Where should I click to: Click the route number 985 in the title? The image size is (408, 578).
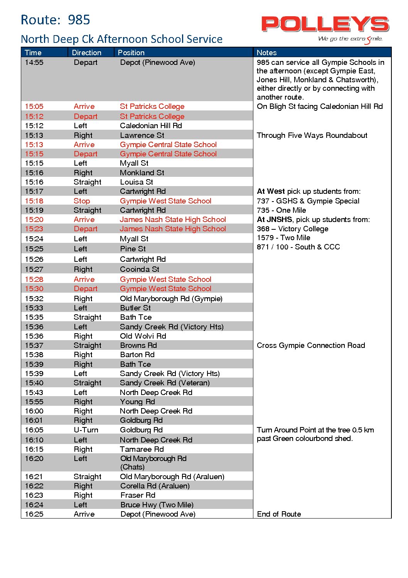tap(79, 20)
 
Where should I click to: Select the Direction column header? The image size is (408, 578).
tap(87, 53)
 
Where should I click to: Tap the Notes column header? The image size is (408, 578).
tap(267, 53)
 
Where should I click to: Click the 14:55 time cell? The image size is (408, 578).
tap(34, 63)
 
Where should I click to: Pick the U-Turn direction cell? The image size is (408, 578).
tap(86, 430)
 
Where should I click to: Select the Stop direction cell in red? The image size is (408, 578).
tap(82, 201)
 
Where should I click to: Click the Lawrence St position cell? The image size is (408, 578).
tap(142, 135)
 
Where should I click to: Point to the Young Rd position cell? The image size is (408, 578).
tap(137, 402)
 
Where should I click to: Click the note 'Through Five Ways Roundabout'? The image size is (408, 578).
tap(312, 135)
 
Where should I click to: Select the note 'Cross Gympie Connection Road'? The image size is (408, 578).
tap(311, 345)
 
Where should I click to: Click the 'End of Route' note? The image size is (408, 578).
tap(279, 514)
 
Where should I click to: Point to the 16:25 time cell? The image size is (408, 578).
tap(34, 514)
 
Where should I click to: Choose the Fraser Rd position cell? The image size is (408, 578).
tap(138, 495)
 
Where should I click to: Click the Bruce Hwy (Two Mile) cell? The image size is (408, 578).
tap(157, 505)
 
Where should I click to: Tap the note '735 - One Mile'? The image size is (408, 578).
tap(282, 210)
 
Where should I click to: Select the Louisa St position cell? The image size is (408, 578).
tap(137, 182)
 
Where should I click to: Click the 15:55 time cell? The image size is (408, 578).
tap(34, 402)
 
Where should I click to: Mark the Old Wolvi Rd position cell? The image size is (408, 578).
tap(143, 336)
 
